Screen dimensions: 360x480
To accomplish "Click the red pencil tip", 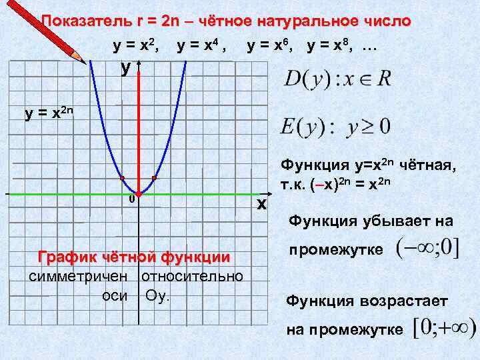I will point(85,60).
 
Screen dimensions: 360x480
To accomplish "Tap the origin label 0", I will point(131,199).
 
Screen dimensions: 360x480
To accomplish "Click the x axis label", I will point(262,203).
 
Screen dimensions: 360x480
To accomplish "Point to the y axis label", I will point(125,68).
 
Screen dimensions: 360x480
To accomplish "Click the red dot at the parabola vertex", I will point(138,193).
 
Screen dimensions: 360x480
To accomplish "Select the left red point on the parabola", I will point(122,178).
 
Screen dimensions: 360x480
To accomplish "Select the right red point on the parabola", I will point(154,178).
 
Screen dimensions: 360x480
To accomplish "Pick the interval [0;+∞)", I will point(444,328).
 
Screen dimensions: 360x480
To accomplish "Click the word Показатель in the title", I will point(86,21).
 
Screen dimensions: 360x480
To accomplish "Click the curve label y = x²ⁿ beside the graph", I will point(51,113).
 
